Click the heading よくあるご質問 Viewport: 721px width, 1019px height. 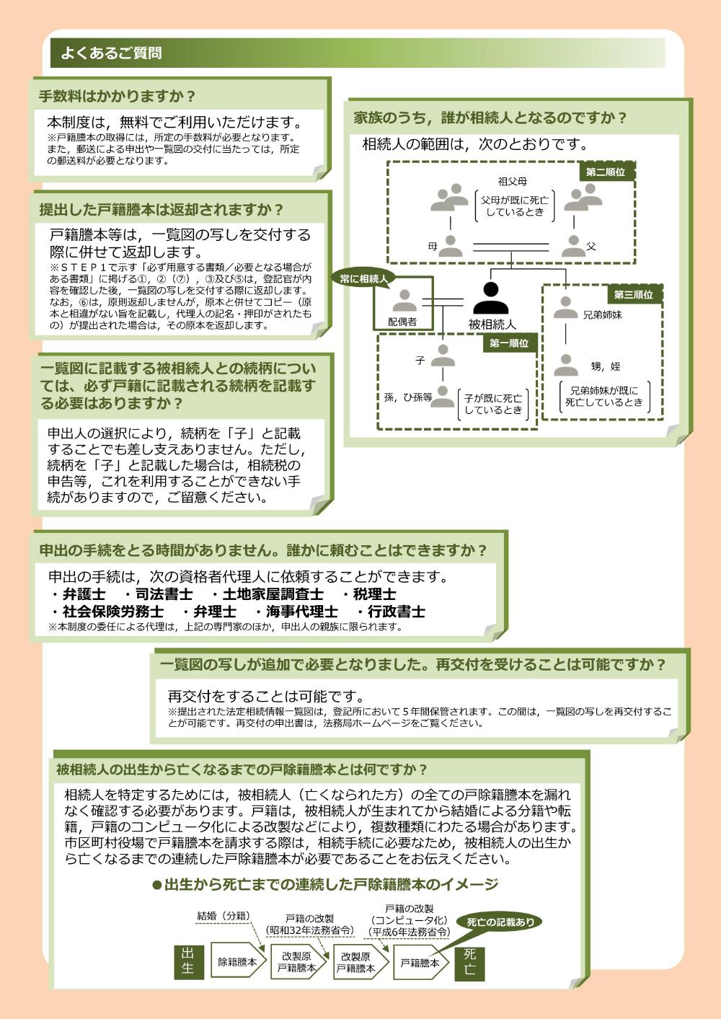[x=111, y=53]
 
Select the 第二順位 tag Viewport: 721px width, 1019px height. [x=605, y=172]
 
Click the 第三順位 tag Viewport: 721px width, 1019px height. [x=634, y=295]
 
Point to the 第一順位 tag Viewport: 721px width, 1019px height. [x=509, y=343]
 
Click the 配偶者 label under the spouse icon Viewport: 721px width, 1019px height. [x=402, y=322]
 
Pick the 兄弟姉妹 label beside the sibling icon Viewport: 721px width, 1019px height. [x=602, y=315]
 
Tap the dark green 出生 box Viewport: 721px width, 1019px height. [x=188, y=961]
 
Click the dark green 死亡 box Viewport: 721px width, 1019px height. [x=469, y=962]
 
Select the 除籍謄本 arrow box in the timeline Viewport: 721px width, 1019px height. [x=239, y=961]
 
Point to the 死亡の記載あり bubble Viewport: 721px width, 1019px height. [x=500, y=922]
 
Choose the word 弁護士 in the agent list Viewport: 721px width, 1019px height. [x=84, y=594]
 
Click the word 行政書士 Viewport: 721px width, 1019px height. [x=396, y=612]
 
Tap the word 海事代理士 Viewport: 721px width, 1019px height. [x=301, y=612]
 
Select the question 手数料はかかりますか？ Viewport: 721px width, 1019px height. [x=118, y=96]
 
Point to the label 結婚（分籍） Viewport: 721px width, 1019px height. [x=224, y=916]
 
